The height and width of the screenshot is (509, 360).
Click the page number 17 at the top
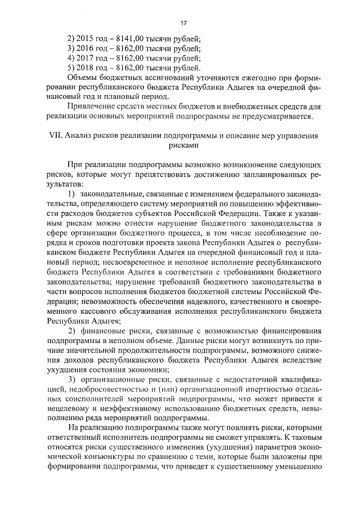(183, 22)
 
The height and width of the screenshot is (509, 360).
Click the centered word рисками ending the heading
(182, 145)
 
